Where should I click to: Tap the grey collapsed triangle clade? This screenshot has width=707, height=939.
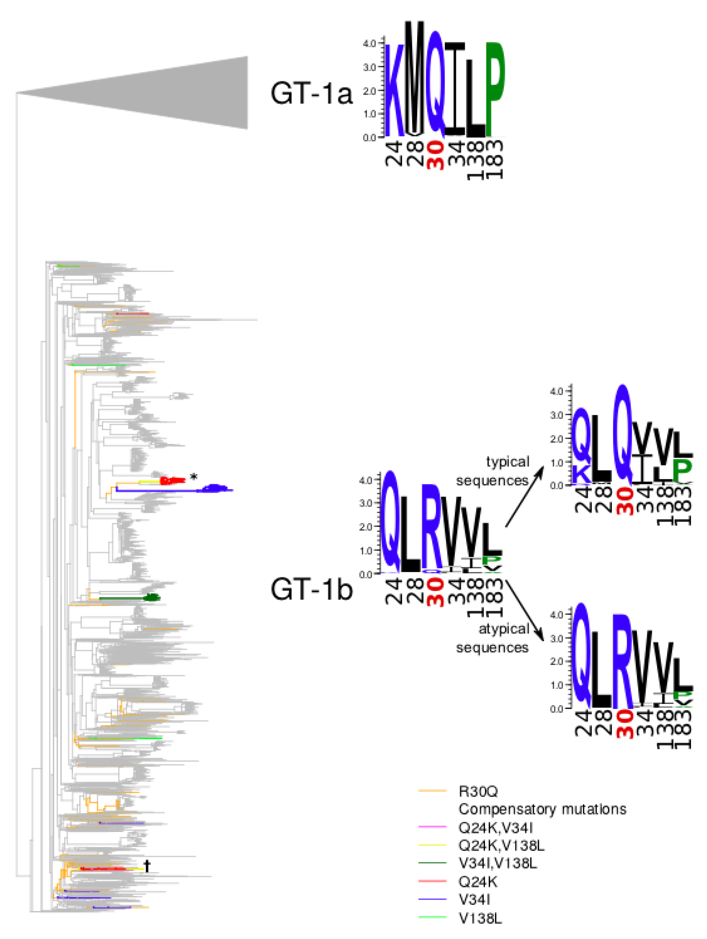(170, 93)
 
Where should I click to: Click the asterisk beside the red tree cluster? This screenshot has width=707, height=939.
(194, 477)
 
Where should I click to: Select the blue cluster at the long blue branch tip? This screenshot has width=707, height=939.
(216, 488)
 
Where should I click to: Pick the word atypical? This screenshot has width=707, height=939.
(504, 629)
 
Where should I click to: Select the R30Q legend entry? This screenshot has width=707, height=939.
(478, 791)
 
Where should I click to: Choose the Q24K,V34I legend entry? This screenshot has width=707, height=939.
(495, 828)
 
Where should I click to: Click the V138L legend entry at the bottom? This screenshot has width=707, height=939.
(480, 919)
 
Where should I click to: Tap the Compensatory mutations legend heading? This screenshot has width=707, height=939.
(542, 809)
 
